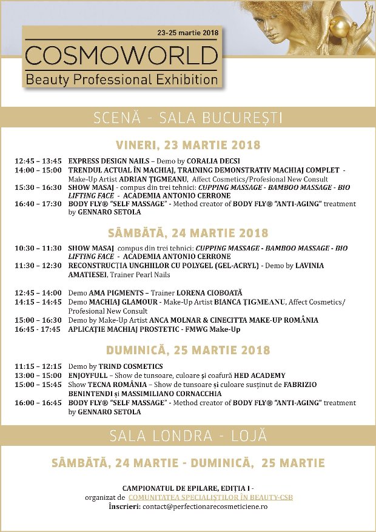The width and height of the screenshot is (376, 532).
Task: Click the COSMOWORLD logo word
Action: pyautogui.click(x=122, y=56)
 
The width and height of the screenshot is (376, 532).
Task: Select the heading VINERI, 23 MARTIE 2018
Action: pyautogui.click(x=188, y=145)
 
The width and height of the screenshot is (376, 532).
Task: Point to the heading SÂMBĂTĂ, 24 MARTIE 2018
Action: pyautogui.click(x=188, y=233)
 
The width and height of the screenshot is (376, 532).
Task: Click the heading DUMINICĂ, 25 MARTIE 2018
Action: pyautogui.click(x=188, y=351)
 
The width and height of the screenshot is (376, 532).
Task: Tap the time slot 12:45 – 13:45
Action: pyautogui.click(x=38, y=161)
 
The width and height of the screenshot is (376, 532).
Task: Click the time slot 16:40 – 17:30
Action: pyautogui.click(x=38, y=204)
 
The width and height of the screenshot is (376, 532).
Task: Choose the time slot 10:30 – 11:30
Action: pyautogui.click(x=38, y=249)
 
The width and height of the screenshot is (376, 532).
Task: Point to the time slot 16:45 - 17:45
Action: pyautogui.click(x=38, y=329)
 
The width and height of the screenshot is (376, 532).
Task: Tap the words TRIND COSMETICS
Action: pyautogui.click(x=133, y=367)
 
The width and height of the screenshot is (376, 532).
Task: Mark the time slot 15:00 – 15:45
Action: pyautogui.click(x=38, y=385)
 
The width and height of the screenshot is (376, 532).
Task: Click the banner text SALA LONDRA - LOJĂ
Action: pyautogui.click(x=188, y=436)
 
